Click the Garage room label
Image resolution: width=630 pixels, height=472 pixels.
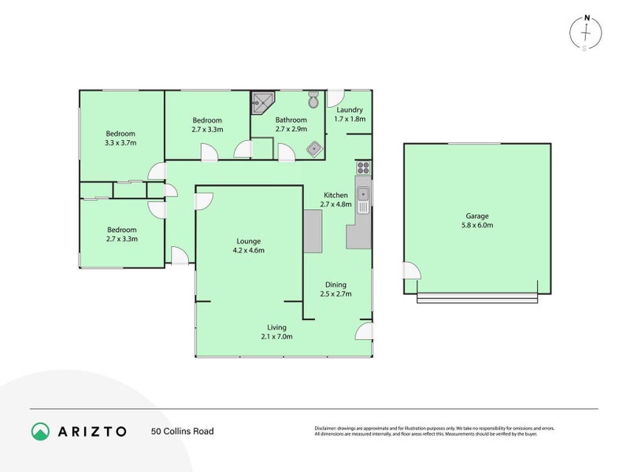pos(476,220)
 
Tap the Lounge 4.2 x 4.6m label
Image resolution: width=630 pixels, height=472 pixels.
pos(249,245)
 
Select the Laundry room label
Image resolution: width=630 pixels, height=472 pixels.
pos(350,114)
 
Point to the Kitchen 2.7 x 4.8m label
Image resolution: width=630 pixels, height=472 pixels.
pos(335,200)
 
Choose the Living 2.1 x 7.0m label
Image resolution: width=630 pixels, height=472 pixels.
pos(276,332)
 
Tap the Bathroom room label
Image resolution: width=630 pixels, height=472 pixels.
pos(291,124)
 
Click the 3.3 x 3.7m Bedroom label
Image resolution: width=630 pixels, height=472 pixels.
pos(121,138)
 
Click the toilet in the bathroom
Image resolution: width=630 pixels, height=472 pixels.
pos(313,101)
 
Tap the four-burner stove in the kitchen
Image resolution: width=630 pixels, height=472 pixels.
pos(364,167)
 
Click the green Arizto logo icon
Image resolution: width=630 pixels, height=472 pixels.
pos(40,431)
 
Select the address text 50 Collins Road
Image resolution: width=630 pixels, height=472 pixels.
pos(182,431)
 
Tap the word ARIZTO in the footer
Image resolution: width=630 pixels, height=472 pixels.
pos(91,431)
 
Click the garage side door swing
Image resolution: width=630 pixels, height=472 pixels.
pos(412,271)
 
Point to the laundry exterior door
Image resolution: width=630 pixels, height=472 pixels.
pos(335,99)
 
